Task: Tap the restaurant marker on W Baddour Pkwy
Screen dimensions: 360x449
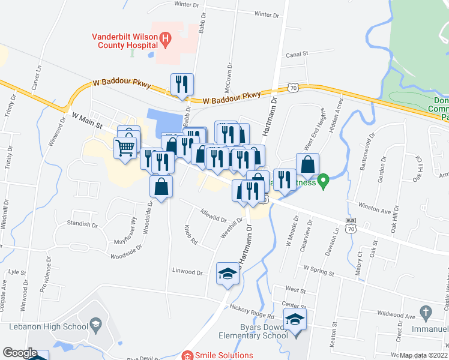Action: click(181, 84)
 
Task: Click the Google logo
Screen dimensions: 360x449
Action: click(20, 353)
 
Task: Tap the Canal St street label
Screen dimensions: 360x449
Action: click(297, 53)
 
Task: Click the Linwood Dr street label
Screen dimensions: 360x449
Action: click(185, 271)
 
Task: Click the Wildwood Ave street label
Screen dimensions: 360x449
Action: click(397, 315)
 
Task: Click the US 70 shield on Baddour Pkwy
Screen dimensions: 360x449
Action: click(292, 88)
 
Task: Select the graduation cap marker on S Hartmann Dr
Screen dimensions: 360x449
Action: click(228, 274)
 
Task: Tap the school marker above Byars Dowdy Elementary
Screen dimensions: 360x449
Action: click(295, 319)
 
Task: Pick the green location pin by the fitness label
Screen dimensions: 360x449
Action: click(324, 179)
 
